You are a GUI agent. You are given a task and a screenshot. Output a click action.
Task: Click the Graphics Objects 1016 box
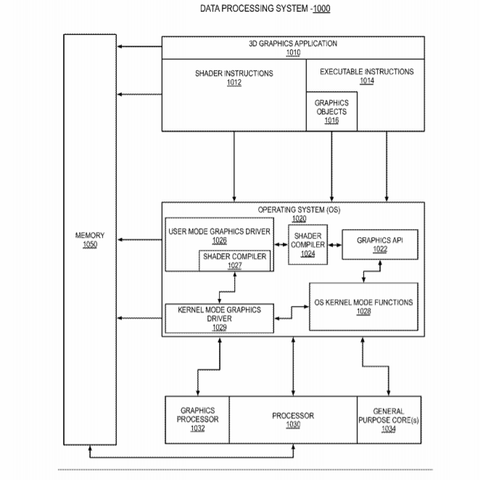(331, 112)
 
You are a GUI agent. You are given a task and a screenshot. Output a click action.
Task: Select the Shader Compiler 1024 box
(307, 244)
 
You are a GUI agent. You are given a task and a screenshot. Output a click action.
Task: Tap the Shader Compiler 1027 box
(234, 261)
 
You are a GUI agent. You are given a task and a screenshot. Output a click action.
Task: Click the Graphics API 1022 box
(380, 244)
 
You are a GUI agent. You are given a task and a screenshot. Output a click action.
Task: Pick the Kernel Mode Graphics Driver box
(220, 318)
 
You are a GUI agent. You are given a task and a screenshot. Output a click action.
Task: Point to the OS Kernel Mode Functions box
(364, 307)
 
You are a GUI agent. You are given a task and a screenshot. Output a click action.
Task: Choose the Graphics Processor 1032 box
(197, 420)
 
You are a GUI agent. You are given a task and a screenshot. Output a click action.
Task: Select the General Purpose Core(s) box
(389, 420)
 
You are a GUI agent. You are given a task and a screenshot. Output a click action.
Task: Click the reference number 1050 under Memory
(90, 244)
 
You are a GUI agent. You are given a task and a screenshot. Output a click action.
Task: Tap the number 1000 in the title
(321, 9)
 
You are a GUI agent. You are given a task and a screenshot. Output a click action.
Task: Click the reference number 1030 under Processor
(293, 425)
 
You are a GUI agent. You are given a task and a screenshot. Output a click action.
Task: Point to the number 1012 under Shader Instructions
(234, 83)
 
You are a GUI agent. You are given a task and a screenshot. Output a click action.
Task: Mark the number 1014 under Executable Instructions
(367, 80)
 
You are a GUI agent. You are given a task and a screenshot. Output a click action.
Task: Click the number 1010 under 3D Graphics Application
(293, 53)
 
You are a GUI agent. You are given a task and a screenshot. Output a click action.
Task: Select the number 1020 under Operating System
(299, 218)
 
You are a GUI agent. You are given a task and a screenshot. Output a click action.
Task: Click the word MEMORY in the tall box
(90, 236)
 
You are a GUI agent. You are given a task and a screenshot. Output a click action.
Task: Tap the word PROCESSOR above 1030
(293, 415)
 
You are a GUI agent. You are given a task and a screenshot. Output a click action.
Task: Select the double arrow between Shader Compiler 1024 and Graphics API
(334, 245)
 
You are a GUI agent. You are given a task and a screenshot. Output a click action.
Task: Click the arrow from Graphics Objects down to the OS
(331, 167)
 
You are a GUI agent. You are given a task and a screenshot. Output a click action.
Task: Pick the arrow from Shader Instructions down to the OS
(234, 167)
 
